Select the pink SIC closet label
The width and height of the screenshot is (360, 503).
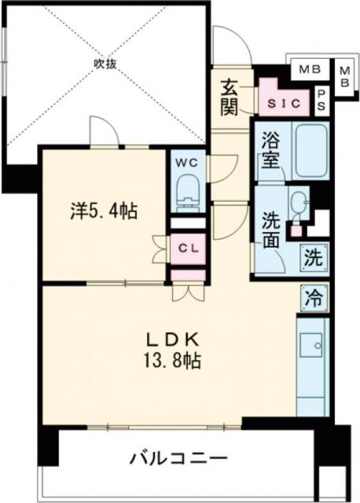281,103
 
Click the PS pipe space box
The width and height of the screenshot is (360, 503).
322,99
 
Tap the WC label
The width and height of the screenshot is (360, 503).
188,163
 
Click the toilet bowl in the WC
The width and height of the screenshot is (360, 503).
188,190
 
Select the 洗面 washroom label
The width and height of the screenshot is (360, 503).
271,228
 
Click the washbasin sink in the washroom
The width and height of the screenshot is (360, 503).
298,206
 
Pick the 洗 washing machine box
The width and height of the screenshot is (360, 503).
313,256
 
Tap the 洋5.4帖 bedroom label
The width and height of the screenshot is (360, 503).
105,211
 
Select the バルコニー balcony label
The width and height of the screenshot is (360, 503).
178,457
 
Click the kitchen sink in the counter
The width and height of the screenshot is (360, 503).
314,343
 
